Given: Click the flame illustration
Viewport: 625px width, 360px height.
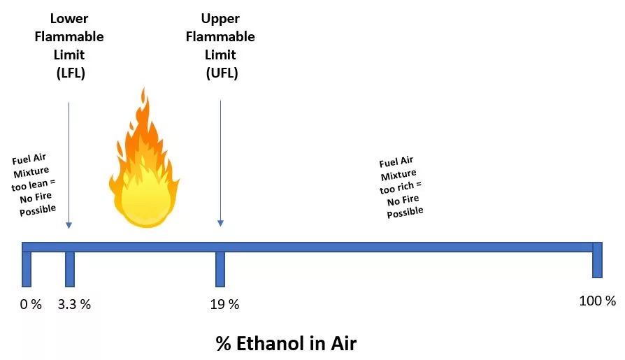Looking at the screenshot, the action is point(144,164).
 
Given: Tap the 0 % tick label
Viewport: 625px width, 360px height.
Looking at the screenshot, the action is point(31,305).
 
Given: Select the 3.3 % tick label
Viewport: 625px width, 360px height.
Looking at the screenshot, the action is point(74,305).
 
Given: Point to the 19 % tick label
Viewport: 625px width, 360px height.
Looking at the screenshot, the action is point(224,305).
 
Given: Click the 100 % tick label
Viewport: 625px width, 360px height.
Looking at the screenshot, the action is point(597,301).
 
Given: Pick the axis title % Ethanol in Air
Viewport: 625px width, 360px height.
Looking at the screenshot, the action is point(286,343).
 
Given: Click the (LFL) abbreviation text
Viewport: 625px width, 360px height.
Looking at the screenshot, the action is point(71,73).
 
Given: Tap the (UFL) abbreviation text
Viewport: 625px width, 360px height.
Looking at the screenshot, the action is point(222,73).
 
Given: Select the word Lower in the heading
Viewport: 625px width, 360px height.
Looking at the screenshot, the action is point(69,18).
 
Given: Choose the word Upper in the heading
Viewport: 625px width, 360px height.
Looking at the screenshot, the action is point(220,19).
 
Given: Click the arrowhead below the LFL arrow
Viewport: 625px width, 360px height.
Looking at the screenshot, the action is point(69,225).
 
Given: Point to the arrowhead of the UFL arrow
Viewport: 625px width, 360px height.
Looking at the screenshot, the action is point(220,223).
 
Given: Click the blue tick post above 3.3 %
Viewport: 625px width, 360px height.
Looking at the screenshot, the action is point(70,269).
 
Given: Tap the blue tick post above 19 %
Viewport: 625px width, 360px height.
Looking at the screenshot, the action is point(220,269).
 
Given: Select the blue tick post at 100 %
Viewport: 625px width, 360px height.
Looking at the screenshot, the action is point(597,260).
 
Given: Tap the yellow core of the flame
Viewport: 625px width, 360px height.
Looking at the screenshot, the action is point(146,199).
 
